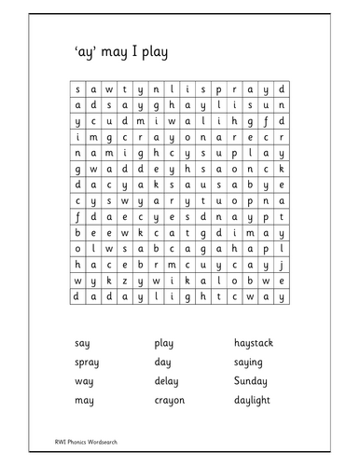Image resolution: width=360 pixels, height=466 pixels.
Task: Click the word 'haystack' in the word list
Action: [x=253, y=343]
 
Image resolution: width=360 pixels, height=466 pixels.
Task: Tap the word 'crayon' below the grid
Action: [x=170, y=401]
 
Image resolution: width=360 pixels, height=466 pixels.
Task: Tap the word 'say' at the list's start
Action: [x=82, y=343]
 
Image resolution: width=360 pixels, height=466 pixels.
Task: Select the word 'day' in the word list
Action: [x=163, y=363]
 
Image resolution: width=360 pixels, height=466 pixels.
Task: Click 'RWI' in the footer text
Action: [x=62, y=441]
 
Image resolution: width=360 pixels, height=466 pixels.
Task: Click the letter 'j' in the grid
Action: [x=280, y=264]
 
